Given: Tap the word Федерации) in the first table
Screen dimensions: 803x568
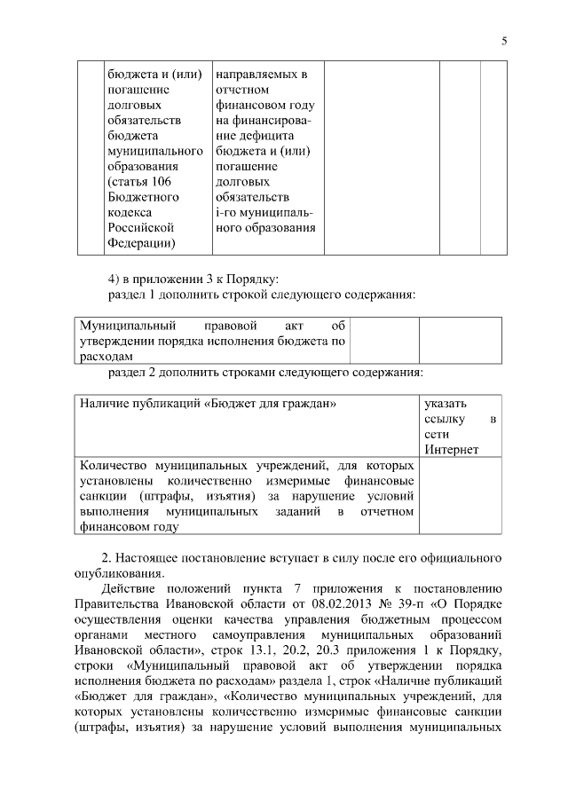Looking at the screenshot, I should [x=140, y=243].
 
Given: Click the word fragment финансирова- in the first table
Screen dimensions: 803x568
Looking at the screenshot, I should [x=264, y=121].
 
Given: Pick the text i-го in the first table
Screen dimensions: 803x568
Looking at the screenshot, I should [x=228, y=213].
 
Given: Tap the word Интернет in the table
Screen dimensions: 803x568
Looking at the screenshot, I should [x=452, y=449].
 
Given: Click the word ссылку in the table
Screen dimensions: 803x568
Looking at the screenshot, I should [x=443, y=419].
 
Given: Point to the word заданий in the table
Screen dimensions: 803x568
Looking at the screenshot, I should [x=294, y=511].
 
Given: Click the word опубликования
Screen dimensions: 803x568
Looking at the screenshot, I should [x=120, y=572].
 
